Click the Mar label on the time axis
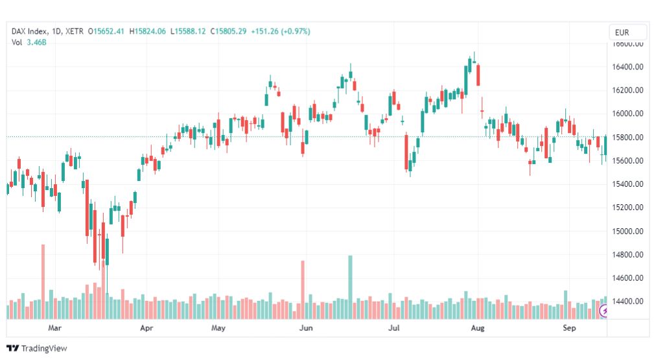click(x=54, y=328)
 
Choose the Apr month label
click(x=146, y=328)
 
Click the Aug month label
click(x=478, y=328)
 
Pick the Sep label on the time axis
click(x=569, y=328)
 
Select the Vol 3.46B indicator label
click(x=29, y=42)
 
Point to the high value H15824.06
click(x=148, y=30)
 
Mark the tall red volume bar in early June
click(x=302, y=289)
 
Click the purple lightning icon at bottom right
click(x=604, y=312)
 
